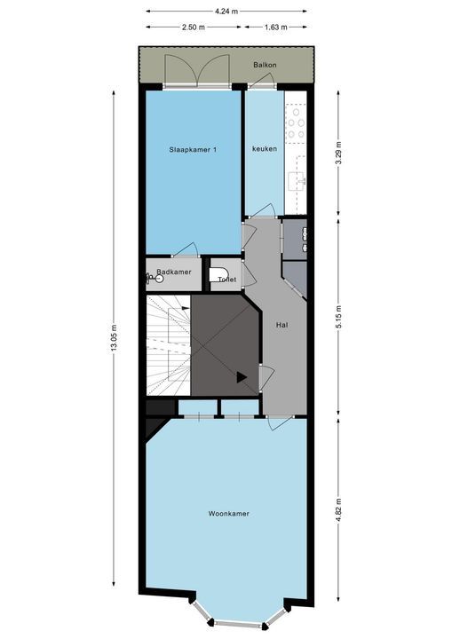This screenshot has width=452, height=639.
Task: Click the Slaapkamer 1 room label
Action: tap(193, 150)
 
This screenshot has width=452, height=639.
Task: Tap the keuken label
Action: tap(265, 149)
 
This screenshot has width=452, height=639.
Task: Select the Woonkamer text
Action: tap(228, 514)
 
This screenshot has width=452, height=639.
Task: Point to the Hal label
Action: tap(282, 325)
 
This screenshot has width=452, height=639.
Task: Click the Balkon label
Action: tap(265, 65)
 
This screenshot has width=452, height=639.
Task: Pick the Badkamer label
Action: tap(174, 272)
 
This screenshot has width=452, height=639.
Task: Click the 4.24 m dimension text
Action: tap(226, 12)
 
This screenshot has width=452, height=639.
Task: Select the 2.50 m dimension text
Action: tap(194, 28)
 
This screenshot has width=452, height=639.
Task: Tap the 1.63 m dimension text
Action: tap(276, 28)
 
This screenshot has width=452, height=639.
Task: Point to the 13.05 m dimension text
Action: tap(115, 338)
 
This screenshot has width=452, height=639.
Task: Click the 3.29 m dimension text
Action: tap(338, 153)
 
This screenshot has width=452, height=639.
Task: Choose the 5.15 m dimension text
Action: tap(338, 317)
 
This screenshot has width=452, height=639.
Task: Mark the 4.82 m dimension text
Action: tap(338, 509)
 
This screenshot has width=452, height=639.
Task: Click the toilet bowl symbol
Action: tap(218, 274)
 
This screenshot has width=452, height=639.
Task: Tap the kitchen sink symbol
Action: tap(296, 181)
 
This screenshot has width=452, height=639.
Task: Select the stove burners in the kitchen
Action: tap(297, 123)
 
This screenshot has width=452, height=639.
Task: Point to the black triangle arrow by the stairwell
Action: tap(242, 377)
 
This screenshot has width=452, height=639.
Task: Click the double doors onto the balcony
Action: tap(197, 70)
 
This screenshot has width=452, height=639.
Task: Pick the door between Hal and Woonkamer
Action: tap(281, 422)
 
